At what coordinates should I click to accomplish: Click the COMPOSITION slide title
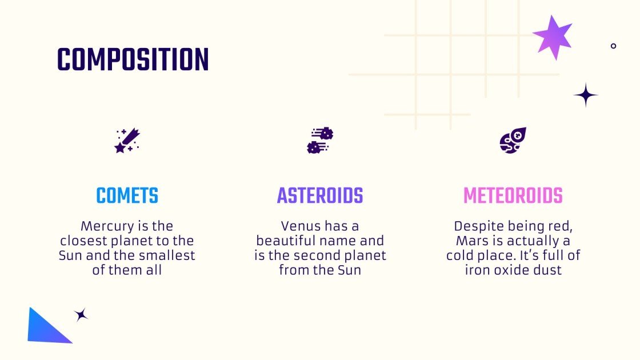pos(133,59)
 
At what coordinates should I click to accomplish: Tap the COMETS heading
pos(127,196)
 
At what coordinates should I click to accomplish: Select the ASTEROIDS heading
pos(320,196)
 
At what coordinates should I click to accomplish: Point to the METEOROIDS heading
pos(513,196)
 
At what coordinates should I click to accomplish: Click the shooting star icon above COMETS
pos(127,141)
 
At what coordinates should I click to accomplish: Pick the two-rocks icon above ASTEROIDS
pos(320,141)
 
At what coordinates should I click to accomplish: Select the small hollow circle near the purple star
pos(613,46)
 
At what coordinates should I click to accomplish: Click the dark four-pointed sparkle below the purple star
pos(585,95)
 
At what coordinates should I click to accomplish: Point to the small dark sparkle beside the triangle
pos(81,315)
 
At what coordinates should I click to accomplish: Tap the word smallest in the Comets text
pos(170,255)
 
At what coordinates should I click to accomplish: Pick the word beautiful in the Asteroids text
pos(284,241)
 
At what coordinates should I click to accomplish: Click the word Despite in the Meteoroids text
pos(475,226)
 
